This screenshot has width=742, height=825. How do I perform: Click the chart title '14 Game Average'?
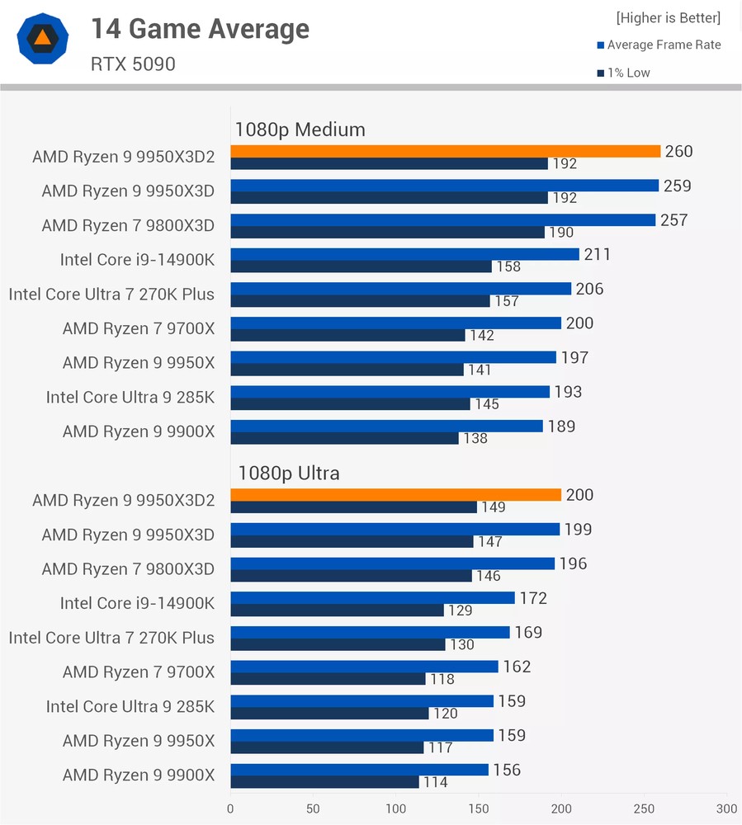coord(200,29)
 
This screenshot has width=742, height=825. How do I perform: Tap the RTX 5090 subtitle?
coord(133,64)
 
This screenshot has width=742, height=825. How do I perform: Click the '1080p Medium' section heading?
coord(300,130)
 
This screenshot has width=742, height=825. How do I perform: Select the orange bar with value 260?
coord(445,151)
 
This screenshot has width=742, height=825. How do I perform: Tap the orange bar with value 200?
coord(395,495)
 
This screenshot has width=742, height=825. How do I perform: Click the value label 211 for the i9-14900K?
coord(597,254)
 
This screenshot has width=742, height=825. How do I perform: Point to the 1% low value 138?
coord(475,438)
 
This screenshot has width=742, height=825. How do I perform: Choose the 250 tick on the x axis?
coord(644,808)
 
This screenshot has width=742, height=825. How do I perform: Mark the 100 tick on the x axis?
coord(395,808)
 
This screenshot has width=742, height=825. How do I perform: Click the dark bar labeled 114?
coord(324,781)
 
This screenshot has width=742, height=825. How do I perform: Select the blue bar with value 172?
coord(372,597)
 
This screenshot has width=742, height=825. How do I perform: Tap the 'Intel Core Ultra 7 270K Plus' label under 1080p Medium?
coord(111,295)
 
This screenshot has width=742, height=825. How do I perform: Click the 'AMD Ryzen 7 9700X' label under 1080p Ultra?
coord(138,672)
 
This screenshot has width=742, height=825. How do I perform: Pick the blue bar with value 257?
coord(442,220)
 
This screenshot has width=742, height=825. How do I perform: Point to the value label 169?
coord(528,633)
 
